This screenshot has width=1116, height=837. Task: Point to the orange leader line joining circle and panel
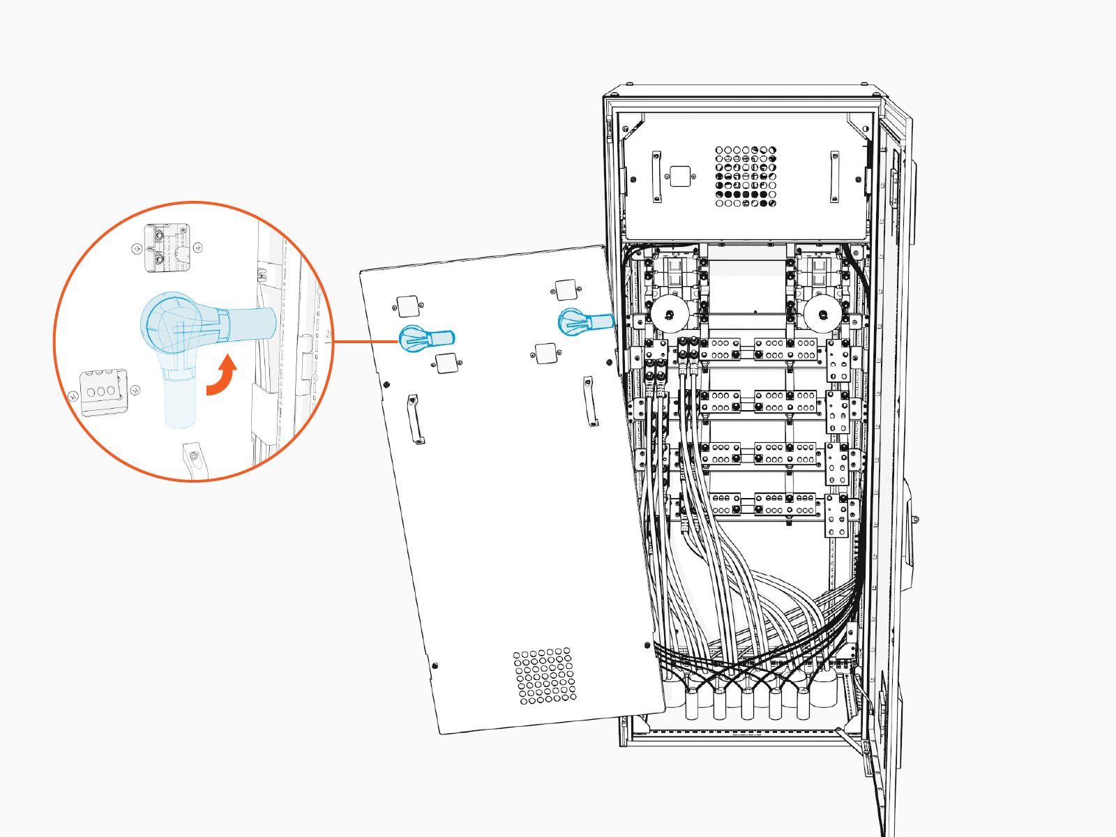coord(366,342)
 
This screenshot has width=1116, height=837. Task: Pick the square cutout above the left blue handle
coord(408,306)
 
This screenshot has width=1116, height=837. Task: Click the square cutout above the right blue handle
coord(566,289)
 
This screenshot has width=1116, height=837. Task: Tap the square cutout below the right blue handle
coord(545,354)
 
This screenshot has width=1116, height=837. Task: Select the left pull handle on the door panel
coord(416,419)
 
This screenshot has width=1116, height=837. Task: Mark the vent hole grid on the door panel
coord(545,676)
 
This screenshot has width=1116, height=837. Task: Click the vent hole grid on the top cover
coord(745,176)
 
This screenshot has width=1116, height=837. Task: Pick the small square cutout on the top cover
coord(679,176)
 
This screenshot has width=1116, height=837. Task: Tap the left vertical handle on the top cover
coord(656,177)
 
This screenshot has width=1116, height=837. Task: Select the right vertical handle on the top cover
coord(834,176)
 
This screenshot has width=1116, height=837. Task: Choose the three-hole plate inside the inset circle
coord(103,392)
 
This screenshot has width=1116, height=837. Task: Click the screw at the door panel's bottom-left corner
coord(435,665)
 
